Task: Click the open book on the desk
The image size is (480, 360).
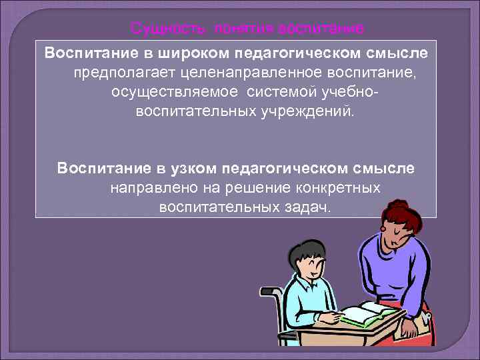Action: pyautogui.click(x=371, y=313)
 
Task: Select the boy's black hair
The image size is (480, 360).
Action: pyautogui.click(x=307, y=253)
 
